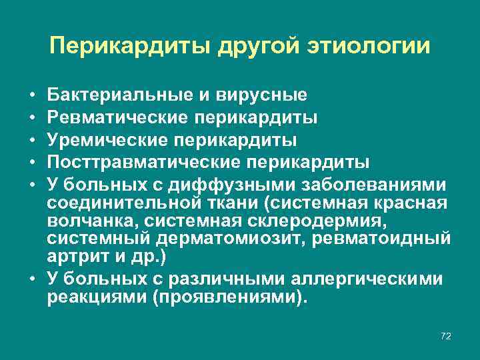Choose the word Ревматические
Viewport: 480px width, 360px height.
[118, 118]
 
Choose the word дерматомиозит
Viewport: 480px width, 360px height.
[201, 238]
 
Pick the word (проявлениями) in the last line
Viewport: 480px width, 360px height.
[231, 296]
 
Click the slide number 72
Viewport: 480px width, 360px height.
[446, 336]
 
